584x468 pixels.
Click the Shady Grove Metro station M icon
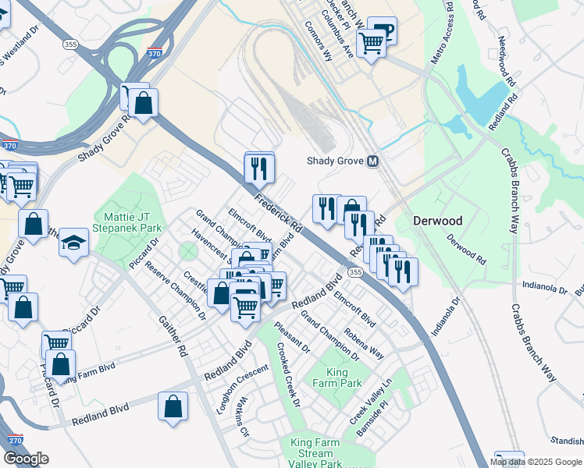(372, 161)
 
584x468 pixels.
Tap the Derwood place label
(437, 221)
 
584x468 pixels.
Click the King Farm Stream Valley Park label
(316, 453)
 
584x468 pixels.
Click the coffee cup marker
(383, 31)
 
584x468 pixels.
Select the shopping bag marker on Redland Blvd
(173, 406)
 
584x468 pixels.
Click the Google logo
(26, 458)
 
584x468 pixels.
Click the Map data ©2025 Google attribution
(536, 462)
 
